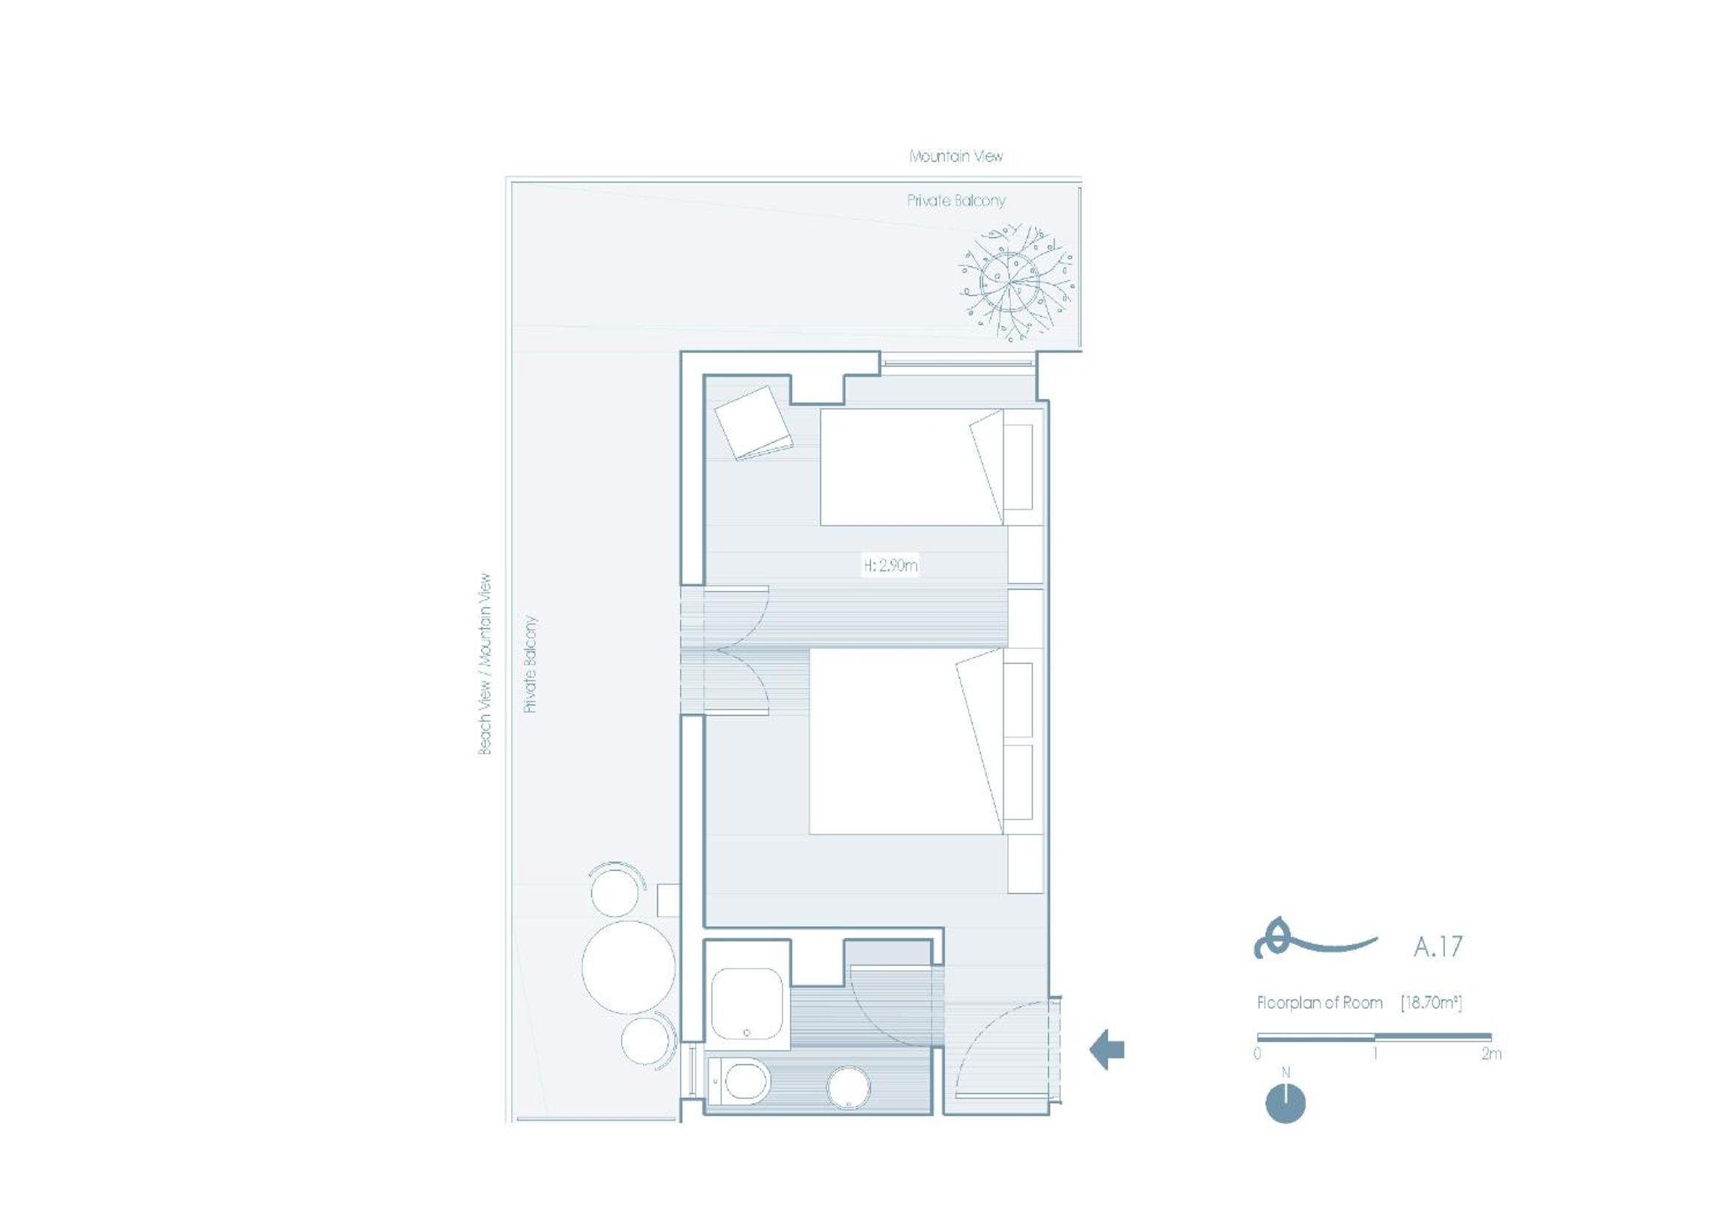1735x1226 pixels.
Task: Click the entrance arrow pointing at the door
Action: click(1107, 1049)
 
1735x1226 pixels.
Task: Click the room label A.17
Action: click(1438, 946)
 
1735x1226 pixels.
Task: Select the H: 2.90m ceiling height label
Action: click(891, 565)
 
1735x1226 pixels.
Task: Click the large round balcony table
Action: click(629, 967)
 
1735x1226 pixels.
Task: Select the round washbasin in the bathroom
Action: click(849, 1088)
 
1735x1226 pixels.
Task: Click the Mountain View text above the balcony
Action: click(956, 156)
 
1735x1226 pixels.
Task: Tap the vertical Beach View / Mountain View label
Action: click(484, 664)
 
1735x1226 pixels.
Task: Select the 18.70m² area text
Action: click(1432, 1003)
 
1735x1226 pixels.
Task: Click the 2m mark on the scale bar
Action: click(1491, 1053)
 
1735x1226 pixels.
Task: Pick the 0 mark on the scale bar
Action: click(1257, 1053)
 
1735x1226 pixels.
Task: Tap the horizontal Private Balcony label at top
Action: click(956, 201)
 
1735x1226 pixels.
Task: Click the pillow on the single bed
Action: click(987, 467)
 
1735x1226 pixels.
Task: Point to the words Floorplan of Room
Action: click(1320, 1003)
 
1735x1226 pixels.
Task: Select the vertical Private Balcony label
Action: click(530, 665)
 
